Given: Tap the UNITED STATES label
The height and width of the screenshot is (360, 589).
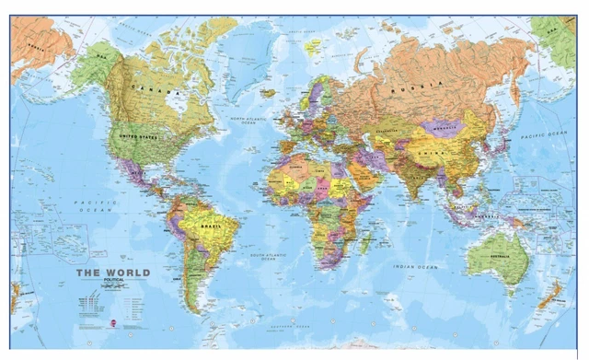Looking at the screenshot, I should point(138,137).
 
